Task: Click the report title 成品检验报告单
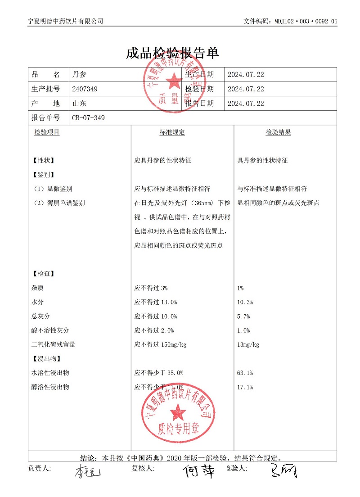point(172,53)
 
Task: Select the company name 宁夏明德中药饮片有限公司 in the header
point(66,21)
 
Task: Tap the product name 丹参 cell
point(79,75)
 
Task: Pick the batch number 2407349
point(85,89)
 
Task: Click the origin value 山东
point(79,104)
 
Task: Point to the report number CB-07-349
point(89,118)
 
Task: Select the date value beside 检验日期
point(246,89)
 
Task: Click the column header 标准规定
point(172,132)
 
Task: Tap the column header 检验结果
point(278,132)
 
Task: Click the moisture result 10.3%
point(245,302)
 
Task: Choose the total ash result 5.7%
point(243,316)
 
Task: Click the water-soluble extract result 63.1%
point(245,373)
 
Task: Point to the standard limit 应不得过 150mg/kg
point(161,345)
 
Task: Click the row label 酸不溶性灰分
point(50,330)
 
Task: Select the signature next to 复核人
point(198,470)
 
